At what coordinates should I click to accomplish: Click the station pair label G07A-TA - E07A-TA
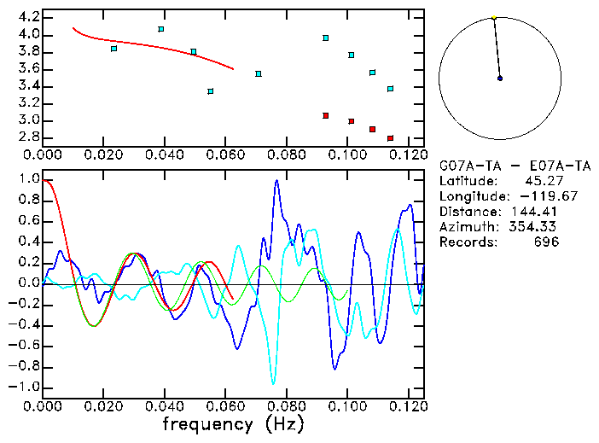[495, 166]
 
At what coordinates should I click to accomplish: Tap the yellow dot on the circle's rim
[494, 17]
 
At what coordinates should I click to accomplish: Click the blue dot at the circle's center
[500, 79]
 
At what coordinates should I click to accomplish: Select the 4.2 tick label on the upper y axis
[28, 17]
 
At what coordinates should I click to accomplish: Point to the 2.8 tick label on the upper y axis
[28, 137]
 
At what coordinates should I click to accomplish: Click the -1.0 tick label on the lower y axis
[25, 387]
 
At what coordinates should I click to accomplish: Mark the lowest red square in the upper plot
[390, 137]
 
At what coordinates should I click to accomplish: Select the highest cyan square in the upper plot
[160, 29]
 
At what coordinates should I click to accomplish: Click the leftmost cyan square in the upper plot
[113, 49]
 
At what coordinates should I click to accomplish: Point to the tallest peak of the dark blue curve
[276, 181]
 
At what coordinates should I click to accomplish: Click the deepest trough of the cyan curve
[273, 383]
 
